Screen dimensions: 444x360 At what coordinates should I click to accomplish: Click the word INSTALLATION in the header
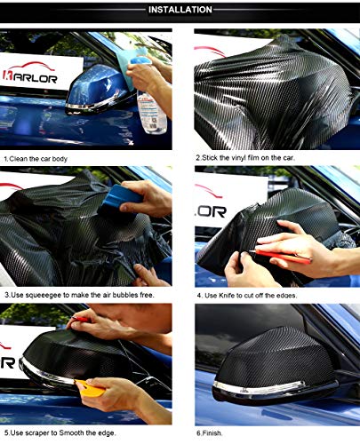(x=180, y=10)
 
